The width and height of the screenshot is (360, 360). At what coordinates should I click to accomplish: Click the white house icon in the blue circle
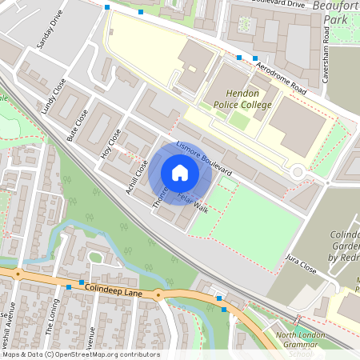click(179, 172)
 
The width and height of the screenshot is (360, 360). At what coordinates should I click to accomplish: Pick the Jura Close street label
click(302, 265)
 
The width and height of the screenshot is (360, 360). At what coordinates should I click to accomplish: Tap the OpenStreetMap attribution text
click(81, 354)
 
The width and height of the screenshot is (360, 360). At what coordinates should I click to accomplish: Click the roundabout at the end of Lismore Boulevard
click(298, 170)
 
